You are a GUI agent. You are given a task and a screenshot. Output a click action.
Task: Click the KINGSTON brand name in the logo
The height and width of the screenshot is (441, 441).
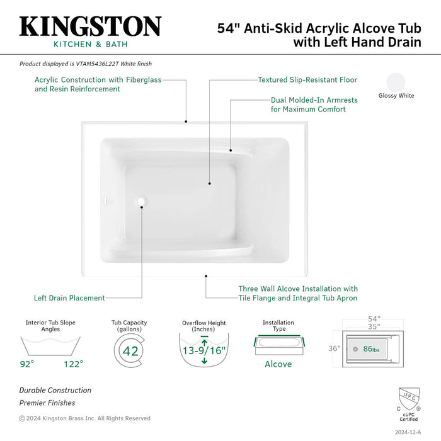(x=90, y=26)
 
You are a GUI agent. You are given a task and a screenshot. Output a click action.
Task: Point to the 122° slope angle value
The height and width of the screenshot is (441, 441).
(x=73, y=364)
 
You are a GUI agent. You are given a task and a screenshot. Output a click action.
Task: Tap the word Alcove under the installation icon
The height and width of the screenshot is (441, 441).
(x=278, y=364)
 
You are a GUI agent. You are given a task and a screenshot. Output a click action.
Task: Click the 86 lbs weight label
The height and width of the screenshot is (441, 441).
(x=371, y=348)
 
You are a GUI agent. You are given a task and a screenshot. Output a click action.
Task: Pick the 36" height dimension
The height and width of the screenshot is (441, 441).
(x=335, y=348)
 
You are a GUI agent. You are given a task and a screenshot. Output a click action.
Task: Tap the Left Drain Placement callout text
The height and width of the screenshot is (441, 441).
(x=69, y=298)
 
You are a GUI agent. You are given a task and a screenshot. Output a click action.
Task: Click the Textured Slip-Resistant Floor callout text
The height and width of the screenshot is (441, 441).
(x=307, y=80)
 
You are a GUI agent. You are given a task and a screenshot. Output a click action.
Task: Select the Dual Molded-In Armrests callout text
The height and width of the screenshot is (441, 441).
(x=308, y=105)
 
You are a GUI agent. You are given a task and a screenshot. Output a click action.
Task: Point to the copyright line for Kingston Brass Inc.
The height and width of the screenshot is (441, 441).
(x=84, y=418)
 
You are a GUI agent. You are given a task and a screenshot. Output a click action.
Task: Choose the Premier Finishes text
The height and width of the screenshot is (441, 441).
(x=47, y=403)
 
